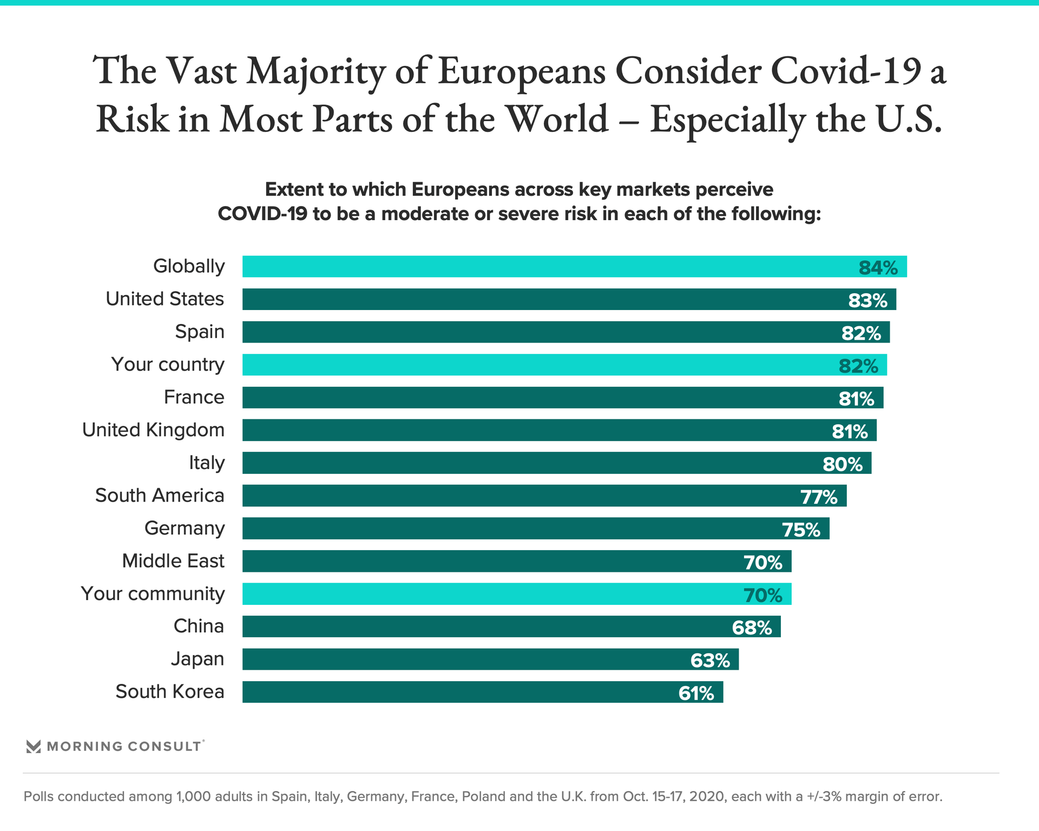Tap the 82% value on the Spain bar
tap(861, 333)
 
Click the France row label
tap(194, 397)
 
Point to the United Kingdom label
tap(153, 430)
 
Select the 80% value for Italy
tap(843, 464)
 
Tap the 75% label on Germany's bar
tap(801, 530)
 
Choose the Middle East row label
tap(173, 561)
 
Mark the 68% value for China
tap(752, 628)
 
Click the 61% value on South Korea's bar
tap(696, 693)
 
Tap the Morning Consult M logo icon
tap(34, 747)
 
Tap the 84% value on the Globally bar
tap(878, 268)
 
